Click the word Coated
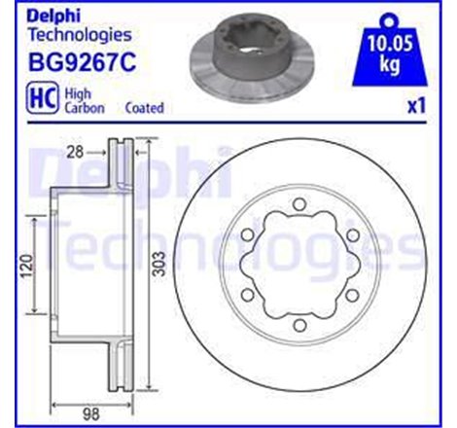coord(145,107)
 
